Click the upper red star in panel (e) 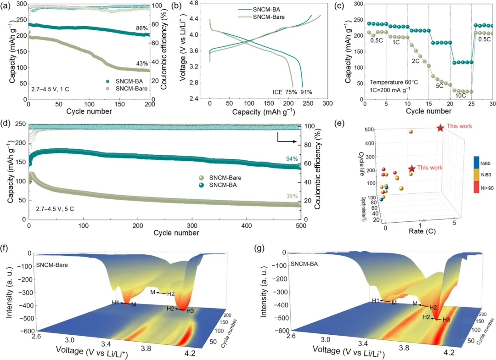tap(440, 128)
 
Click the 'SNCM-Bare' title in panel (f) tap(54, 265)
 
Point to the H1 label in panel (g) tap(375, 300)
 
